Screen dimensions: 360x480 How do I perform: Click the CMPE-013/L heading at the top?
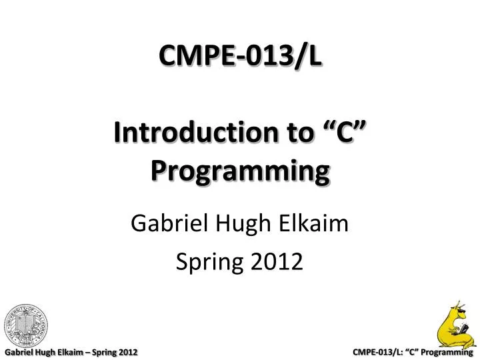pos(240,56)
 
